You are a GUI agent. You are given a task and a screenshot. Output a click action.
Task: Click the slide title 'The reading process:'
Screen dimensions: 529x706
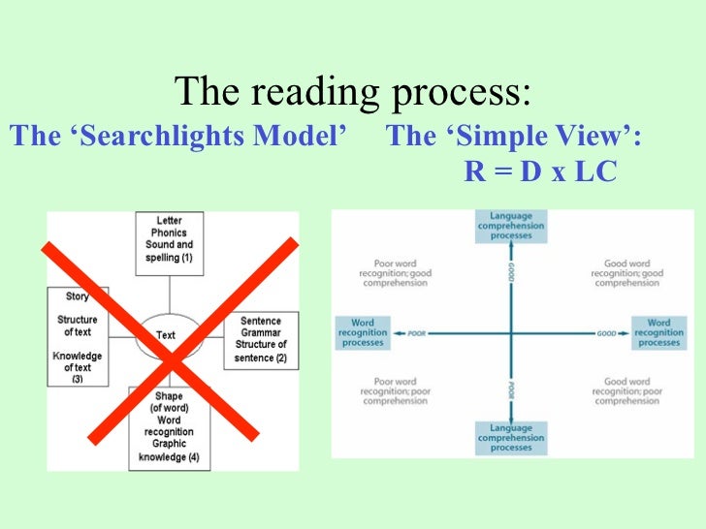point(353,93)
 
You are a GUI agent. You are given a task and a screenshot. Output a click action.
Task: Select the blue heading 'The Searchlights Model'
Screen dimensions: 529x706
point(179,137)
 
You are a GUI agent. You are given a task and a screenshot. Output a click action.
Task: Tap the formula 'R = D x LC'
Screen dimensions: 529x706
point(540,171)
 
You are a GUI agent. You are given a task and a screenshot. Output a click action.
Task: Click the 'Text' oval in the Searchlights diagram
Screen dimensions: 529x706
point(166,335)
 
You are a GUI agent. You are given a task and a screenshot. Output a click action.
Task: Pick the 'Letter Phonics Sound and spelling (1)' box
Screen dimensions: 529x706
point(170,239)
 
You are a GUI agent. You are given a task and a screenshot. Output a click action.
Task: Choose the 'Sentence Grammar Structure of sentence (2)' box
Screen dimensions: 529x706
point(261,339)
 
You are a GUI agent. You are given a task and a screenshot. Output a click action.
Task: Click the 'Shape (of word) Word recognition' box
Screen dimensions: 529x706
point(170,426)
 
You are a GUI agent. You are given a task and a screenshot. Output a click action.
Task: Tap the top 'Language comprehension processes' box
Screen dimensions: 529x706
point(511,226)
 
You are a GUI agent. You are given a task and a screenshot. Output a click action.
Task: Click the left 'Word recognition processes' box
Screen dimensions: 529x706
point(362,332)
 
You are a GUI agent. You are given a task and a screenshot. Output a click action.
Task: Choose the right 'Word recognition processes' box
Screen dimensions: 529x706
point(658,332)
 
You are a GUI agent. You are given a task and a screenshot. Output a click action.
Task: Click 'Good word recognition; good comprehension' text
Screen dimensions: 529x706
point(626,273)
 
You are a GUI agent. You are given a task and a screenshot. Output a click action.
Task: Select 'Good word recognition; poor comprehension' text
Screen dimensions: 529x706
point(626,391)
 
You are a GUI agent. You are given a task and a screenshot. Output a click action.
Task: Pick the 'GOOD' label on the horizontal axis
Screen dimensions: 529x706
point(607,332)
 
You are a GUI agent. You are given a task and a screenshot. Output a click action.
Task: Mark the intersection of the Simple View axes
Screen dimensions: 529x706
point(511,332)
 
